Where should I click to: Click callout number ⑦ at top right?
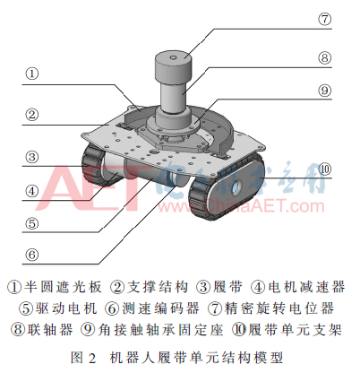324,19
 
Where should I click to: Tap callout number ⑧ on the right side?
324,57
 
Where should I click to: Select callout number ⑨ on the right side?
324,91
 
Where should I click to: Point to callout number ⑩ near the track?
325,169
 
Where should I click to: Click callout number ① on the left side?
32,74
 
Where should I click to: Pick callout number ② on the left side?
32,114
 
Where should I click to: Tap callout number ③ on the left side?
32,157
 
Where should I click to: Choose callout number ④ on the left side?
32,191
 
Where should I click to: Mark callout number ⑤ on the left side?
32,223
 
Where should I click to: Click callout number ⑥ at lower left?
32,255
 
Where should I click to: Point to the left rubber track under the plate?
93,164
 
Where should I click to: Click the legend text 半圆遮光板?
63,287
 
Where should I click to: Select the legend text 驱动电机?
66,308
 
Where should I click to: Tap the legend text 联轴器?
50,329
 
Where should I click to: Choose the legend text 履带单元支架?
295,329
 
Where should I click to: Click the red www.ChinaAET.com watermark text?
241,206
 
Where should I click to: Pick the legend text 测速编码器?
160,308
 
